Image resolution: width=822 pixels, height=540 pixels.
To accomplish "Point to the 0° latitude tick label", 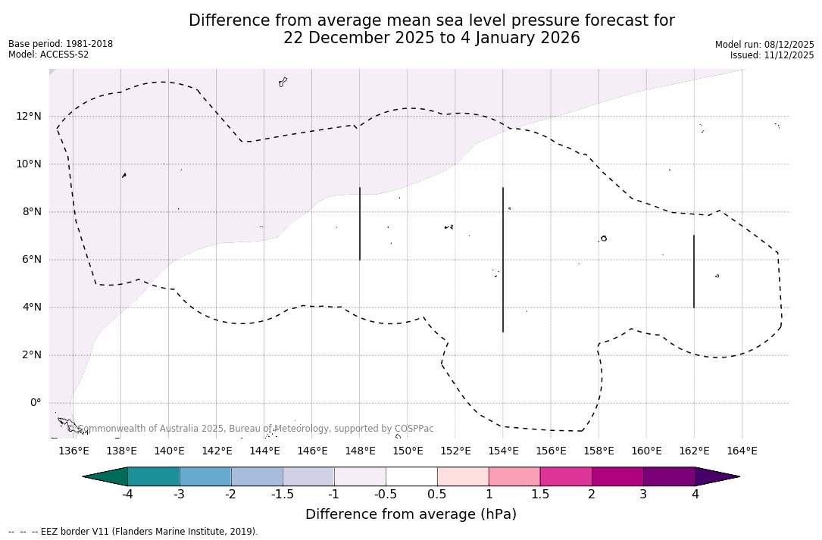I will coord(35,403).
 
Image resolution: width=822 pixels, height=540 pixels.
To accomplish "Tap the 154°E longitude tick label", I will coord(503,451).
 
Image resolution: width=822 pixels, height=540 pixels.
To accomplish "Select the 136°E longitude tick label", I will coord(73,451).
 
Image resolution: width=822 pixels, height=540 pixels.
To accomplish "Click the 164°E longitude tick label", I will coord(742,451).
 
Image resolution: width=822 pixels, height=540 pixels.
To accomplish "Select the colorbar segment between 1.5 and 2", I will coord(566,476).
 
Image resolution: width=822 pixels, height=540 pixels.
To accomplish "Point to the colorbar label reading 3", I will coord(643,495).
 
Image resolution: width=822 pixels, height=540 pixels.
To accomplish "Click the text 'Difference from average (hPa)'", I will coord(411,515).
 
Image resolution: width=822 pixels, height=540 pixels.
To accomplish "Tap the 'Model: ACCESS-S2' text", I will coord(48,55).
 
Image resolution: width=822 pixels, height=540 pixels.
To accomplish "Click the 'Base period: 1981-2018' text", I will coord(61,44).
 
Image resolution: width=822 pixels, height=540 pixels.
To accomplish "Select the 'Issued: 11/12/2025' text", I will coord(772,55).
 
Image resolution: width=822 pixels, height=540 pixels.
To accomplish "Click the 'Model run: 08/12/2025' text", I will coord(764,45).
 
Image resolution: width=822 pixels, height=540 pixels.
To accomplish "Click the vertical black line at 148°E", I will coord(360,223).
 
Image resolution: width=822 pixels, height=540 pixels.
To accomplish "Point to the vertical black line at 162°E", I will coord(694,271).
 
